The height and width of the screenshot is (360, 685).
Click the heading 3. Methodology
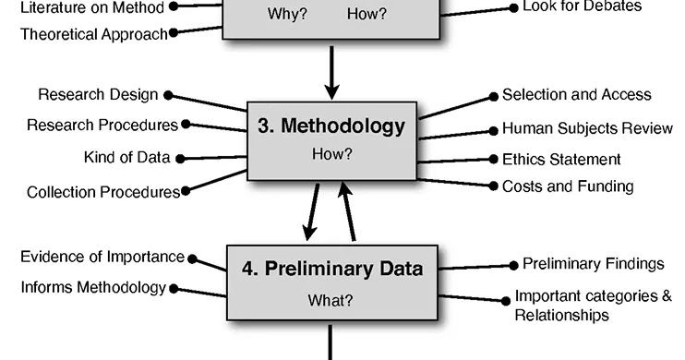click(x=331, y=126)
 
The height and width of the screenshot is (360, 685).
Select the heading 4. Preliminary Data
click(x=332, y=269)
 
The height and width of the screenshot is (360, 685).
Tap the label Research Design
click(x=98, y=95)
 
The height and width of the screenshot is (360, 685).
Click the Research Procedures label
click(x=102, y=125)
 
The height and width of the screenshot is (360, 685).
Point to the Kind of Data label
click(x=126, y=157)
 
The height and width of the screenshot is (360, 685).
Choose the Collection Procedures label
click(x=102, y=192)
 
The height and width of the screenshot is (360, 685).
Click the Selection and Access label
click(x=577, y=95)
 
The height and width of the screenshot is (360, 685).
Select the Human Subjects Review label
click(x=587, y=128)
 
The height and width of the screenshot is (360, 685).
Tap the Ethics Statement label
click(x=561, y=159)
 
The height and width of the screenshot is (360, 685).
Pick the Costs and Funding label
click(x=568, y=186)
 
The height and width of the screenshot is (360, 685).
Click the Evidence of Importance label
click(x=102, y=258)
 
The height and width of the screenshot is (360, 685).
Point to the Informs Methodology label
click(x=93, y=287)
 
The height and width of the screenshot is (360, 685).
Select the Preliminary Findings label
click(x=594, y=264)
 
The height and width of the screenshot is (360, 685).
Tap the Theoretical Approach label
click(x=94, y=34)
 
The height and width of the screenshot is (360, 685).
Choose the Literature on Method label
click(x=91, y=7)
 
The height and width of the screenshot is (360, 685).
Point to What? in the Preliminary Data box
click(x=334, y=300)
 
